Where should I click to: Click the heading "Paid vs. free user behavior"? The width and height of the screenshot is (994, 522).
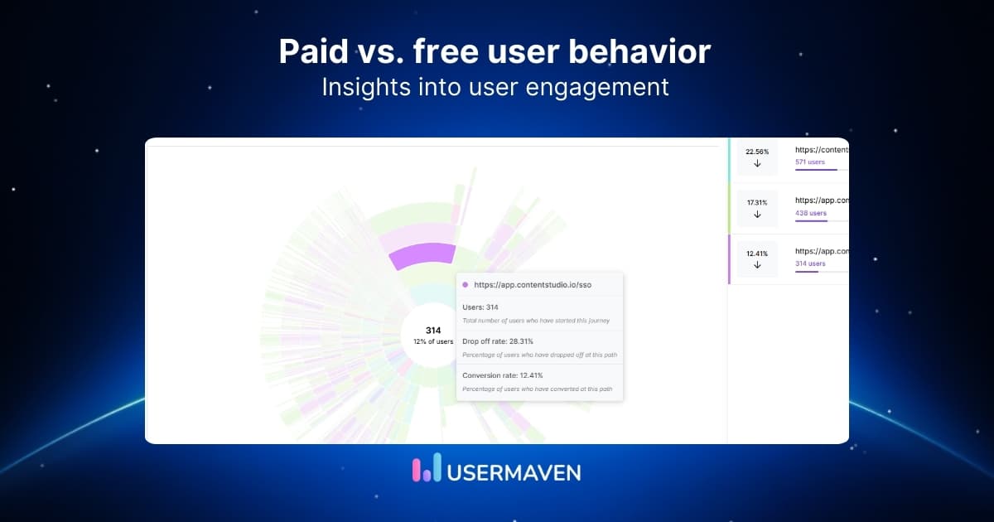click(495, 51)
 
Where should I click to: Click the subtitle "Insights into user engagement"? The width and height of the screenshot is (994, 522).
click(495, 87)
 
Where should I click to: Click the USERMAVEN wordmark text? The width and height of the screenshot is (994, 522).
click(514, 471)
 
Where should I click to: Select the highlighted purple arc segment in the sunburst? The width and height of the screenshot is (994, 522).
click(422, 255)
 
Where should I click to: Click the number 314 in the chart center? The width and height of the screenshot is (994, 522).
click(433, 331)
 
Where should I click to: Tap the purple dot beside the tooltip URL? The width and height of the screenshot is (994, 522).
click(466, 284)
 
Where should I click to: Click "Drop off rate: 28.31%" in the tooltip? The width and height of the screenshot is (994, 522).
click(497, 341)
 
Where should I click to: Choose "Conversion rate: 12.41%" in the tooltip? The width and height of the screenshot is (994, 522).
click(503, 375)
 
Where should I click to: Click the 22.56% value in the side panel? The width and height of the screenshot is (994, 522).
click(757, 152)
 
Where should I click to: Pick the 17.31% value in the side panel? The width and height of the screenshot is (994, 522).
click(757, 202)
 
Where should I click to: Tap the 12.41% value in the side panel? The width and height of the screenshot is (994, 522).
click(757, 254)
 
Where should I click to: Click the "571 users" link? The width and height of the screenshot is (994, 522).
click(809, 162)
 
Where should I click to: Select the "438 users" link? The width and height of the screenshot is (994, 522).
click(810, 213)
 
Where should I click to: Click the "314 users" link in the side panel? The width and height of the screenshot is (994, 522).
click(810, 263)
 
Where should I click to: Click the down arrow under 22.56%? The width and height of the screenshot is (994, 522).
click(757, 164)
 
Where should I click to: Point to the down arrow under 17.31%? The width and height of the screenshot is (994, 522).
click(757, 215)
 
